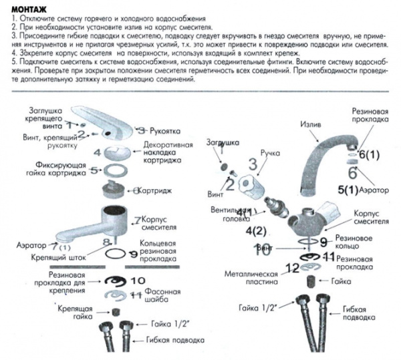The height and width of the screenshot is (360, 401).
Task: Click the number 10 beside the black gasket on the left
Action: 138,280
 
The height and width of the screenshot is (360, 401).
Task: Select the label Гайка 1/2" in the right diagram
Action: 257,308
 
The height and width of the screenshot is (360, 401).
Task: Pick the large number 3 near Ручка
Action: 253,163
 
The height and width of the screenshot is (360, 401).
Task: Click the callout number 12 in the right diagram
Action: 291,268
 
